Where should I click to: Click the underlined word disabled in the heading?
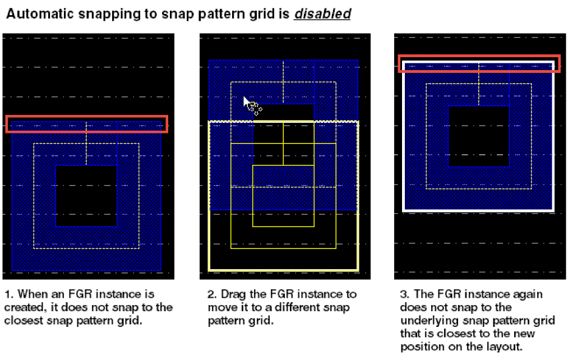click(322, 14)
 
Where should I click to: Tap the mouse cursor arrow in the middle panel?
click(248, 103)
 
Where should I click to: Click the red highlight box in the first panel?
click(86, 116)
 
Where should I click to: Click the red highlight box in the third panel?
click(479, 56)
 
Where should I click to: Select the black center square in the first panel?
click(86, 196)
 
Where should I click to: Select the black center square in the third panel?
click(478, 136)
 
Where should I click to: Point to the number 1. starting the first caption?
click(9, 294)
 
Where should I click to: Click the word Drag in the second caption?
click(234, 294)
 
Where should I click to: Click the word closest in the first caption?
click(24, 321)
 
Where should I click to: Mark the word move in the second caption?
click(220, 307)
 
